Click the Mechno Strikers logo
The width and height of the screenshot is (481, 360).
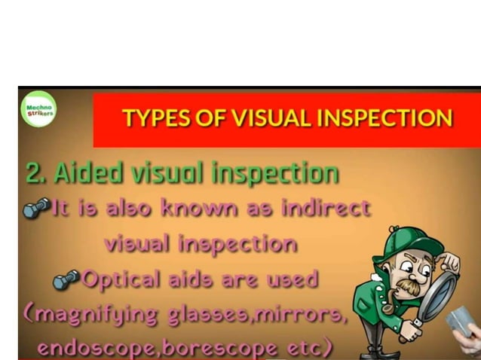click(38, 110)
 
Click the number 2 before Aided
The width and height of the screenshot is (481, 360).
click(33, 173)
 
